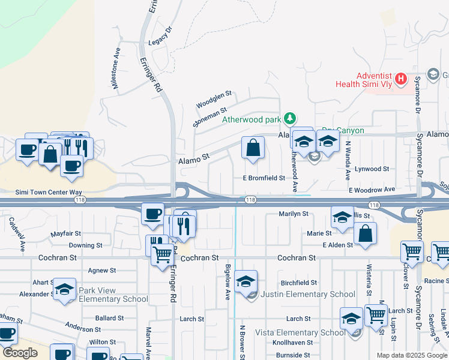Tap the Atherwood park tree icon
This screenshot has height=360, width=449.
(290, 118)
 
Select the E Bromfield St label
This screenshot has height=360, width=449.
(264, 178)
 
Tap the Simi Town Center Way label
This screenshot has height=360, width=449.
(48, 191)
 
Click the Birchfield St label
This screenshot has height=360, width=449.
(299, 283)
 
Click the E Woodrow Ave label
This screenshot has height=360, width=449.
(372, 190)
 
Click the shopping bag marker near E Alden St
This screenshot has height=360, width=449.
(366, 233)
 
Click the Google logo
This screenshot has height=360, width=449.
(20, 353)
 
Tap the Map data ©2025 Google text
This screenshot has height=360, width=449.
(411, 355)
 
